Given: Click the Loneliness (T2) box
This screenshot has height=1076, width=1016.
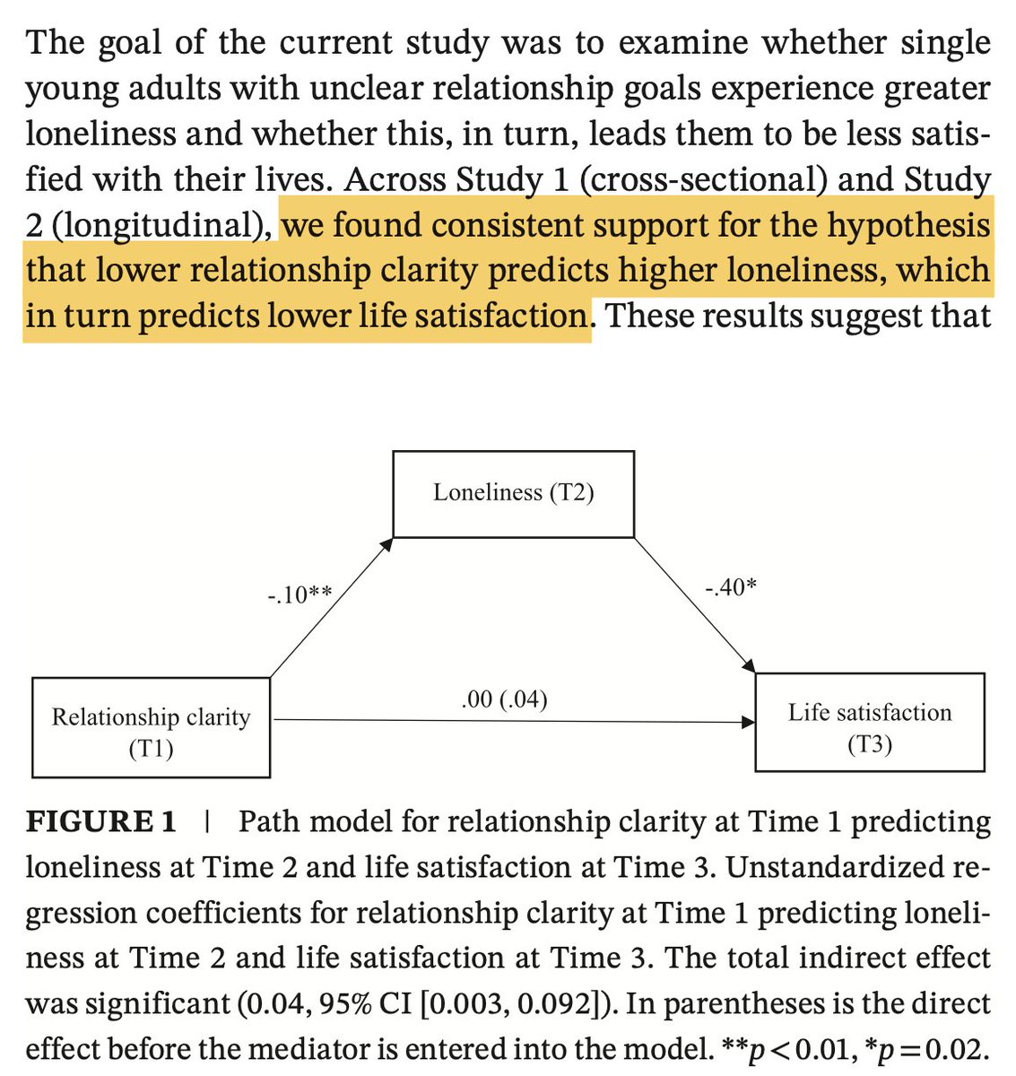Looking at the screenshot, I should click(x=513, y=493).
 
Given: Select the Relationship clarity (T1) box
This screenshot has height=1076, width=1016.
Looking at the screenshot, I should click(x=151, y=728).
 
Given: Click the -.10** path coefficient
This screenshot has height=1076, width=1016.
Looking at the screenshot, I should click(x=300, y=594).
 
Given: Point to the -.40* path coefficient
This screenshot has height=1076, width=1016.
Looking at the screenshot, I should click(x=729, y=588).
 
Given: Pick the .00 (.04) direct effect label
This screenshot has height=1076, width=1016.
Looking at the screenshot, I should click(x=504, y=699).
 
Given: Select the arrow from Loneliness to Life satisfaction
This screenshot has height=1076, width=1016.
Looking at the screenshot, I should click(x=695, y=605).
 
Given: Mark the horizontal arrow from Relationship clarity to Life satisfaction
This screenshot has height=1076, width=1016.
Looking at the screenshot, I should click(x=511, y=720).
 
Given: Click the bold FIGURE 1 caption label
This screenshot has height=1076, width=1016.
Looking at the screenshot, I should click(x=100, y=822).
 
